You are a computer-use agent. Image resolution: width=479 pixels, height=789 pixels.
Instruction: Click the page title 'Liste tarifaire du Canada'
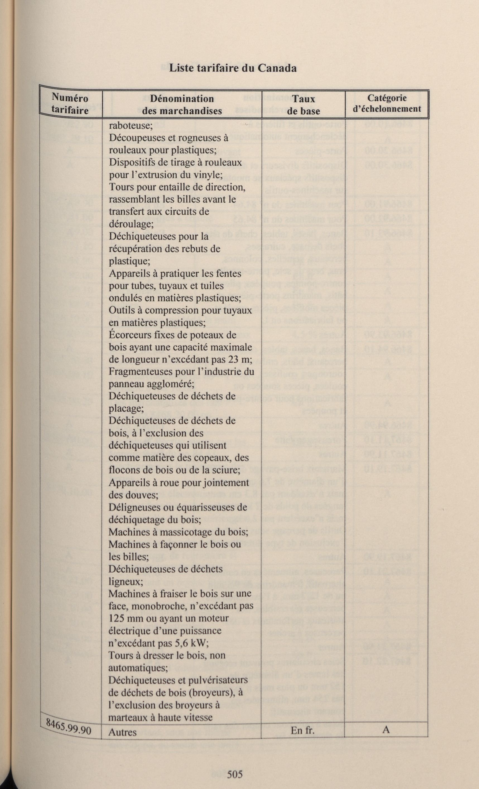click(232, 68)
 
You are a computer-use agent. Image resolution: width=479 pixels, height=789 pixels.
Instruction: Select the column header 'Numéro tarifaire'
click(70, 104)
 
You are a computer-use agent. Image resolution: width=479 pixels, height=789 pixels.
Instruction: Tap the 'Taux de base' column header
click(303, 105)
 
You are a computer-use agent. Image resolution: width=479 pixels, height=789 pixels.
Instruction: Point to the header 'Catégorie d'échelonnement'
click(387, 103)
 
